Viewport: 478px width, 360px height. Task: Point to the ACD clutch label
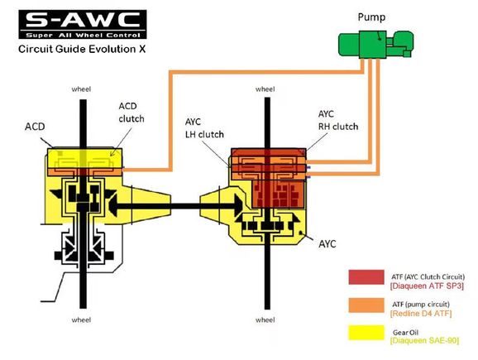click(131, 113)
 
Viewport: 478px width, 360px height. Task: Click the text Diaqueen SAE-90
click(424, 340)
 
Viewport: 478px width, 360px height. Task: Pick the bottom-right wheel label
click(265, 319)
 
